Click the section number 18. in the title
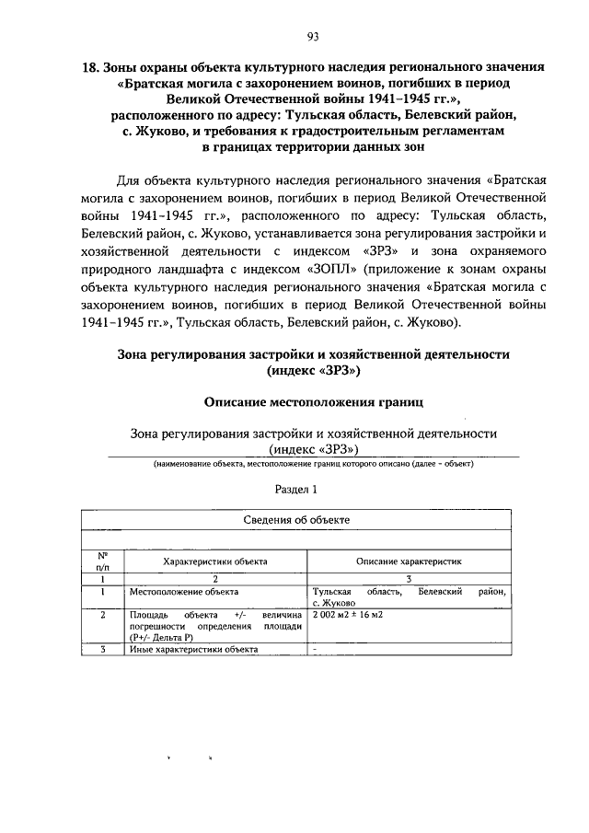(x=91, y=67)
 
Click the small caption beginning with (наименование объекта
(x=313, y=466)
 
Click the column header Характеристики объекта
(x=215, y=560)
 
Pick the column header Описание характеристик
(x=408, y=560)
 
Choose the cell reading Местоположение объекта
(x=184, y=593)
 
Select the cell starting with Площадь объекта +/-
(x=215, y=625)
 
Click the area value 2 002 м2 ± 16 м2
(x=348, y=614)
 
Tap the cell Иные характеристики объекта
(x=193, y=649)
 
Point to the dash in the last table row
(x=315, y=649)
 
